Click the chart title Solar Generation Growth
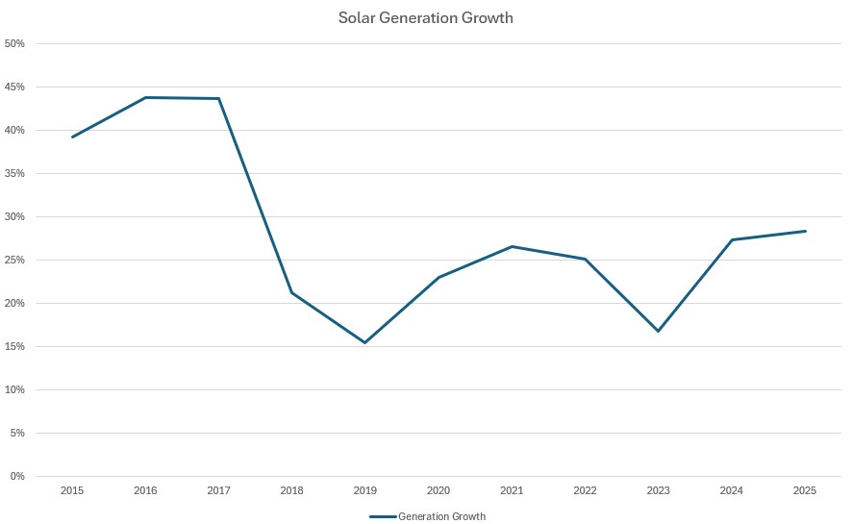point(426,18)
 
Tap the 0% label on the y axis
point(17,476)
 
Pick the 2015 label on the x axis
point(72,490)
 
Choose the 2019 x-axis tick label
point(365,490)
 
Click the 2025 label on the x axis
point(805,490)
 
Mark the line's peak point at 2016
point(146,97)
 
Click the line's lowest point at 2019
point(365,342)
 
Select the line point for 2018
point(292,292)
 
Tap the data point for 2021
point(512,246)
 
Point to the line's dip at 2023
point(659,331)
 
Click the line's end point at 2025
point(805,231)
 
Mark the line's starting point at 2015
point(72,137)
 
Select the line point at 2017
point(219,98)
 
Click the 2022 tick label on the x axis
point(585,490)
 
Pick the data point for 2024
point(732,239)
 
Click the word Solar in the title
point(355,18)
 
